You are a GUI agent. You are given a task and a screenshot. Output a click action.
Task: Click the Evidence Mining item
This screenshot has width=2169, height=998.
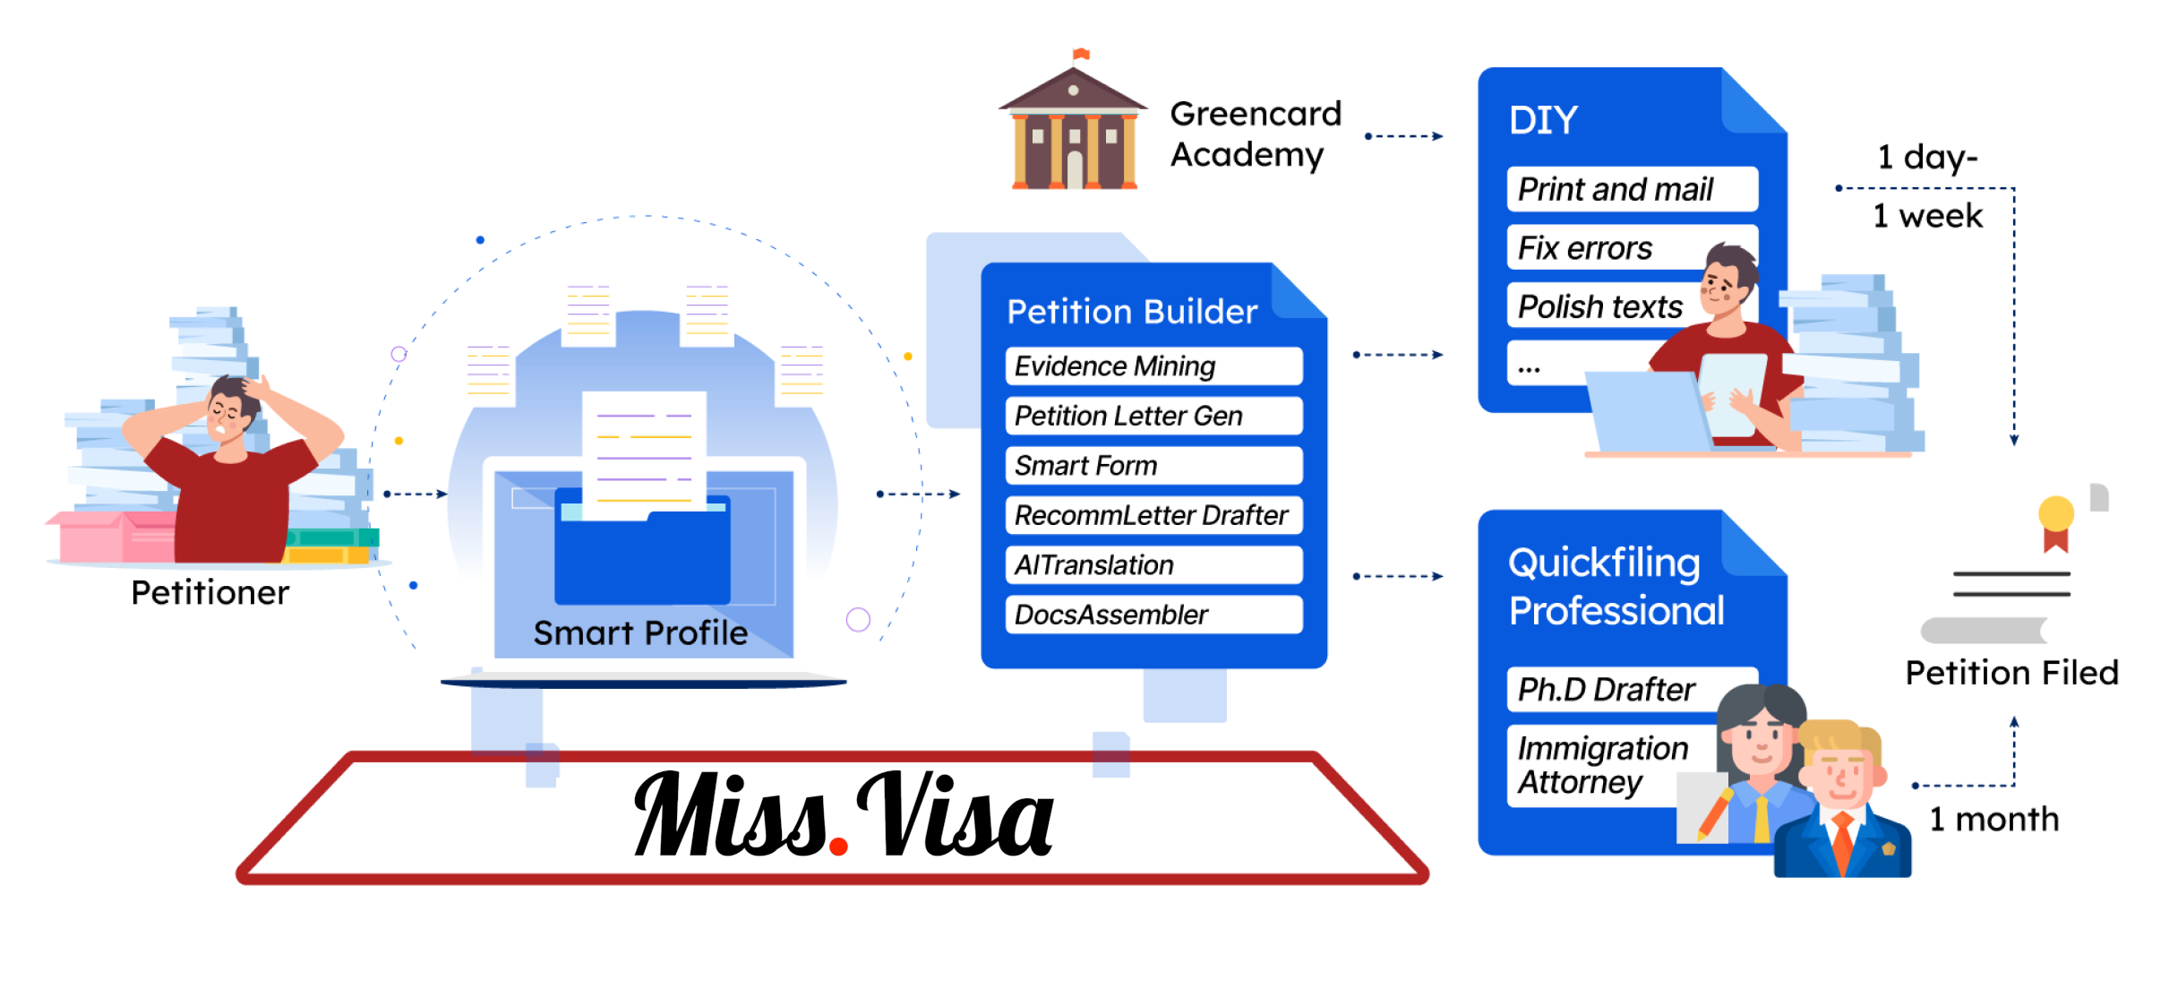pyautogui.click(x=1153, y=366)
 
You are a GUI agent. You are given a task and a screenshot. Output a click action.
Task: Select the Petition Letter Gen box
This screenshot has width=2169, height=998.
pyautogui.click(x=1153, y=416)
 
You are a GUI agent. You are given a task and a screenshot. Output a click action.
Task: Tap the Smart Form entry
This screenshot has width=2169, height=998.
pyautogui.click(x=1153, y=466)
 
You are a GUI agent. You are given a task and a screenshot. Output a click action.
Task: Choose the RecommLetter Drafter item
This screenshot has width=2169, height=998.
pyautogui.click(x=1153, y=515)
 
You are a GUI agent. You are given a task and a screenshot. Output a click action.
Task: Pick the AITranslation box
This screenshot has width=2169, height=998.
pyautogui.click(x=1153, y=565)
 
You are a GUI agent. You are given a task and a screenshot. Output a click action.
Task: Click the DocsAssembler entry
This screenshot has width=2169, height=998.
pyautogui.click(x=1153, y=615)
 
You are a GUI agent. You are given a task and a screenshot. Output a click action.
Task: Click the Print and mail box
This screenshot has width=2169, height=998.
pyautogui.click(x=1633, y=189)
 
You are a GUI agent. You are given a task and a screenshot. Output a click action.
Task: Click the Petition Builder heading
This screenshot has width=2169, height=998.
pyautogui.click(x=1132, y=312)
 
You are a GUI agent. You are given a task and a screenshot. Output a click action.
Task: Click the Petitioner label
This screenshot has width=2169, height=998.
pyautogui.click(x=210, y=593)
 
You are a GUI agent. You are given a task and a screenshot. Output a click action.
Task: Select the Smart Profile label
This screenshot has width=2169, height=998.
pyautogui.click(x=640, y=632)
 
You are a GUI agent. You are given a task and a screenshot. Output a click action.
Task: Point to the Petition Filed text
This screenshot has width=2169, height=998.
pyautogui.click(x=2011, y=673)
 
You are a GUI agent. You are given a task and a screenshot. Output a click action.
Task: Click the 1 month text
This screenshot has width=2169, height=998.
pyautogui.click(x=1994, y=819)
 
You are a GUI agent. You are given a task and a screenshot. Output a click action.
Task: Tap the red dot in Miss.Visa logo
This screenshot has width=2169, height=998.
pyautogui.click(x=839, y=846)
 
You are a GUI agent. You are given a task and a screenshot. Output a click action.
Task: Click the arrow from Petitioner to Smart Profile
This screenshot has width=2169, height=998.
pyautogui.click(x=416, y=494)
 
